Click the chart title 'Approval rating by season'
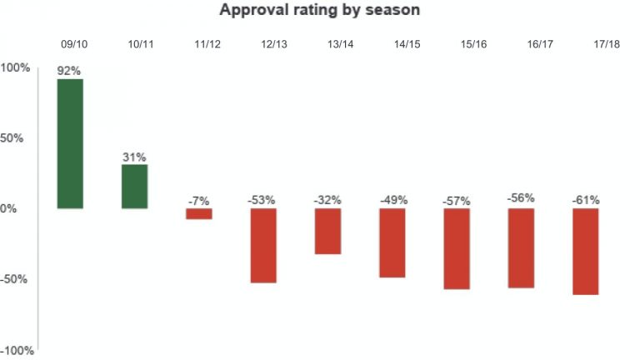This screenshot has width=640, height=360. (320, 11)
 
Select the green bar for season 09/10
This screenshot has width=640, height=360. (70, 143)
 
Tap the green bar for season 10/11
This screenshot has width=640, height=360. (134, 186)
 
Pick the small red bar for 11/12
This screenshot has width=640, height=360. (198, 213)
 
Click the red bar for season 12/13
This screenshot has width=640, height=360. (262, 245)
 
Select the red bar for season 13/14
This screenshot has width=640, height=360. (327, 231)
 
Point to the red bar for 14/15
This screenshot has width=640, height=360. (392, 242)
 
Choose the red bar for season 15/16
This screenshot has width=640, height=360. (457, 248)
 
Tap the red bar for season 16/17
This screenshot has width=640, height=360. (521, 247)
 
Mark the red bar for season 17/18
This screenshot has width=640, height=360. (585, 251)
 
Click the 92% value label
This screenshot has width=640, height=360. (69, 71)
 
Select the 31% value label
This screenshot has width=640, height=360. (134, 157)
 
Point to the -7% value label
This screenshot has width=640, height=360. (198, 201)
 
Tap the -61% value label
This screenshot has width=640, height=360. (585, 200)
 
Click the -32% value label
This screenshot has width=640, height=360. (327, 200)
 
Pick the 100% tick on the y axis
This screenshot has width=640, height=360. (15, 67)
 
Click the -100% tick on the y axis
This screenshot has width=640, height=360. (17, 351)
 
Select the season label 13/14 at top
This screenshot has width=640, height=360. (340, 43)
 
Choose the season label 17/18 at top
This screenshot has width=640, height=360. (598, 43)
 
